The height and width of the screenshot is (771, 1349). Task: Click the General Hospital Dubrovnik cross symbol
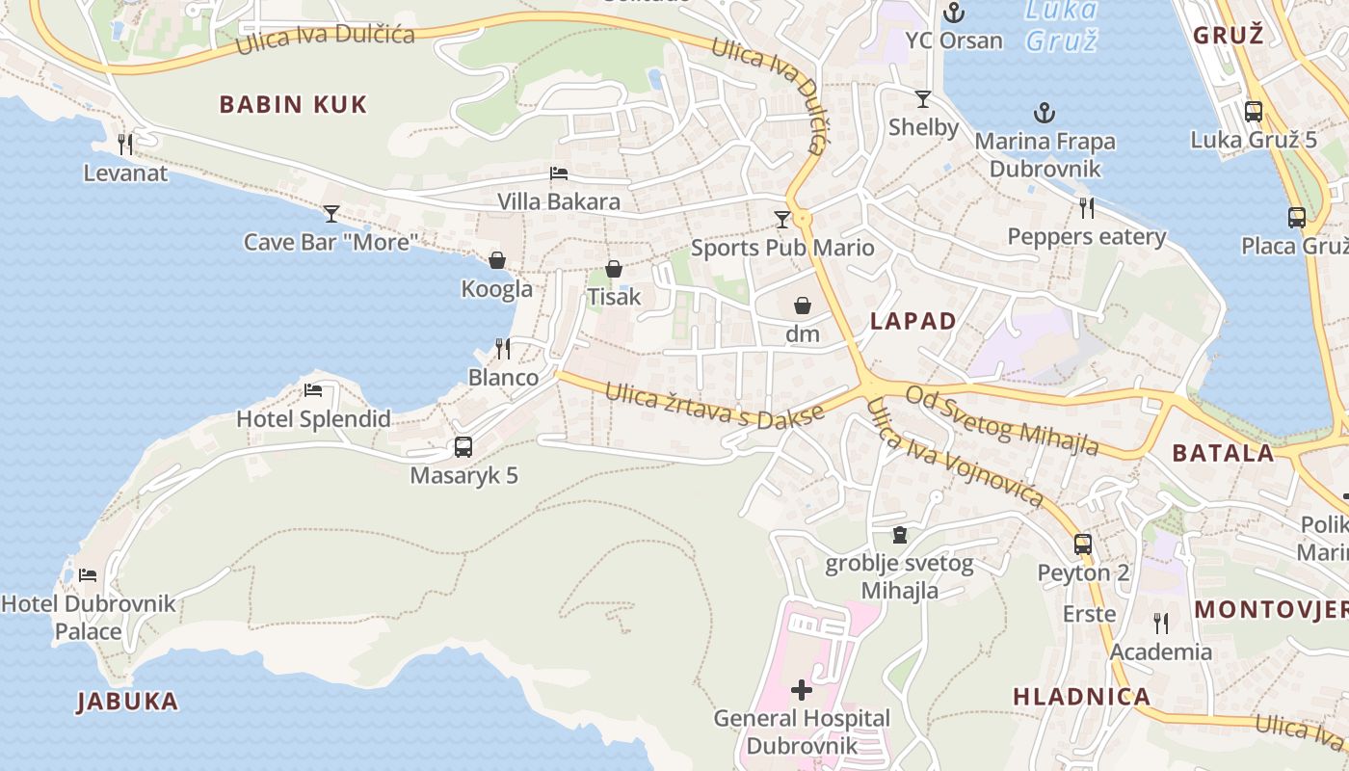pos(801,689)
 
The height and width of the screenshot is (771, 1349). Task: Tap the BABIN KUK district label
pos(293,104)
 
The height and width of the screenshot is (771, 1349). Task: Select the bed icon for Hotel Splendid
pos(313,390)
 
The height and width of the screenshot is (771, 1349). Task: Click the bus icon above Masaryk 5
pos(463,447)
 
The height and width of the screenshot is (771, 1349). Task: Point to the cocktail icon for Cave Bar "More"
pos(331,213)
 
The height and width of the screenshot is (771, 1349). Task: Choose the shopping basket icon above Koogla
pos(497,260)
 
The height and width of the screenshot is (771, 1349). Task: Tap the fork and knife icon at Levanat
pos(125,145)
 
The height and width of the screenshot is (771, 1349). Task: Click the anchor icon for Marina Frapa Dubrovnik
pos(1045,113)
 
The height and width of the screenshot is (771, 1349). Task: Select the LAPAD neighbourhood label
pos(913,321)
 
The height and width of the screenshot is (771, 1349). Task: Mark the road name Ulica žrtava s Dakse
pos(715,407)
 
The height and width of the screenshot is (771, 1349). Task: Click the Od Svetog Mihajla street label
pos(1002,420)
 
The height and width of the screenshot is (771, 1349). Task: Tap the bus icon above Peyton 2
pos(1083,544)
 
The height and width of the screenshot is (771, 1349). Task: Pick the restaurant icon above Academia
pos(1161,624)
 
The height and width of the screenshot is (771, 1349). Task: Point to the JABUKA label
pos(128,701)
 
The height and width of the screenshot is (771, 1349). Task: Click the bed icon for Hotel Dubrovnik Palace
pos(88,575)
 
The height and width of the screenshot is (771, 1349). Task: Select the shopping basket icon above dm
pos(802,306)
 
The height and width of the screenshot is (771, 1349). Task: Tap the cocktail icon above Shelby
pos(923,98)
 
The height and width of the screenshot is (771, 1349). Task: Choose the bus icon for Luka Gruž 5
pos(1254,111)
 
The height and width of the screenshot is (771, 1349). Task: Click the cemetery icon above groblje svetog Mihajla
pos(900,534)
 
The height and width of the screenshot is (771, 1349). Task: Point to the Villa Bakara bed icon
pos(559,173)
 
